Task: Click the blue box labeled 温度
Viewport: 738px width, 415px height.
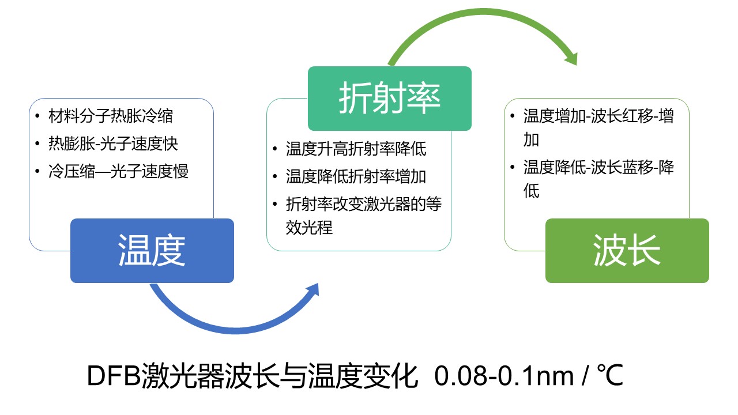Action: [152, 251]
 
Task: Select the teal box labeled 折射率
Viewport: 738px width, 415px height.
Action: [389, 99]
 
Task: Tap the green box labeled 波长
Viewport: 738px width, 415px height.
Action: [627, 251]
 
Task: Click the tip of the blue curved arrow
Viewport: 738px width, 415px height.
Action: [318, 284]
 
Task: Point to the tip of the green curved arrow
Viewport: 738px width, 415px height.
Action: [576, 65]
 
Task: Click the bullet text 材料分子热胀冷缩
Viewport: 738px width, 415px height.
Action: [111, 116]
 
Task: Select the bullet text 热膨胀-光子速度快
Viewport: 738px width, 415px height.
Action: [114, 144]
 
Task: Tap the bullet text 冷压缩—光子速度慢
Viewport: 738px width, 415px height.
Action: [119, 171]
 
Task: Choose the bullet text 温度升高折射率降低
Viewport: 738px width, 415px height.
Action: [356, 149]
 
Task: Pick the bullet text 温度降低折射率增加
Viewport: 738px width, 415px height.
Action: [356, 176]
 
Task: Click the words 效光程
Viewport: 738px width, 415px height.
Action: [310, 228]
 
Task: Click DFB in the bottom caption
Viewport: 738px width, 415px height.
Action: [114, 376]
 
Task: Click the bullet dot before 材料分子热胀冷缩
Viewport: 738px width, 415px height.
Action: [37, 116]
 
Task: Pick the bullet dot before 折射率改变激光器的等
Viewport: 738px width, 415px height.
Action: [275, 204]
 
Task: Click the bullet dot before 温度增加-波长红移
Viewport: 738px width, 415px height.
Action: [513, 116]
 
